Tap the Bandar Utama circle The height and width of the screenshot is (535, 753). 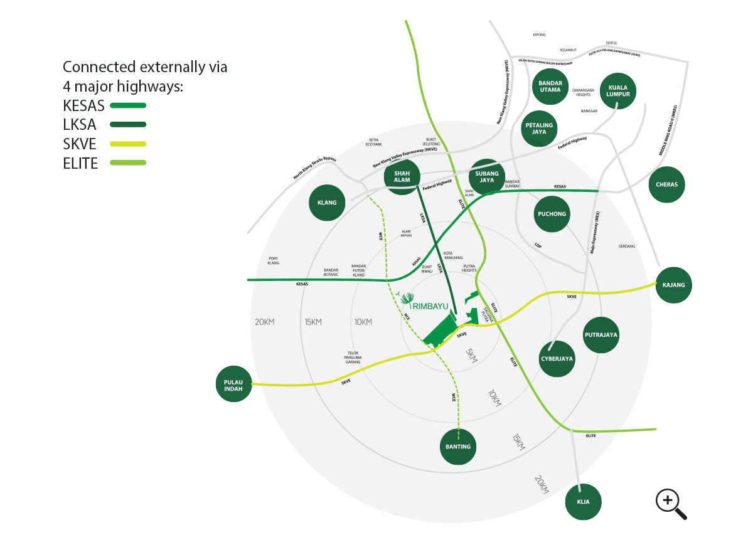[x=550, y=86]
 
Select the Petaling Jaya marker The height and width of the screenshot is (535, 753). [x=538, y=129]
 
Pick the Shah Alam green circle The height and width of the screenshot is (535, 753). [x=402, y=176]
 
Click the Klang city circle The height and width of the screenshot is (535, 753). [x=327, y=203]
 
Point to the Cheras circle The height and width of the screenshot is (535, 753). [x=666, y=185]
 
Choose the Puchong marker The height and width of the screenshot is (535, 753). [x=552, y=214]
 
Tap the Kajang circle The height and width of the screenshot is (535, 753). [x=673, y=285]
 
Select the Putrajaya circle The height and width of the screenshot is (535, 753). [x=601, y=335]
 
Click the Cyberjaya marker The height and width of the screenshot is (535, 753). [x=557, y=359]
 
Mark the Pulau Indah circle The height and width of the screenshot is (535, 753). [x=233, y=384]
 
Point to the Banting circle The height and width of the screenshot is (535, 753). [x=458, y=447]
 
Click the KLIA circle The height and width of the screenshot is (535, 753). [x=583, y=501]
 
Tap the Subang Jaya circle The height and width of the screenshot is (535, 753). [x=486, y=177]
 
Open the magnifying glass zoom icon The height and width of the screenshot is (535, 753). [x=670, y=503]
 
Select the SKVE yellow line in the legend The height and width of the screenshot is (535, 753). [x=128, y=144]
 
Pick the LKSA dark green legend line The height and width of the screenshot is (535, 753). [x=128, y=125]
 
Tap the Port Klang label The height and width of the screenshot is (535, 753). [x=273, y=260]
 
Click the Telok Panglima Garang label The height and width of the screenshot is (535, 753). [x=352, y=358]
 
